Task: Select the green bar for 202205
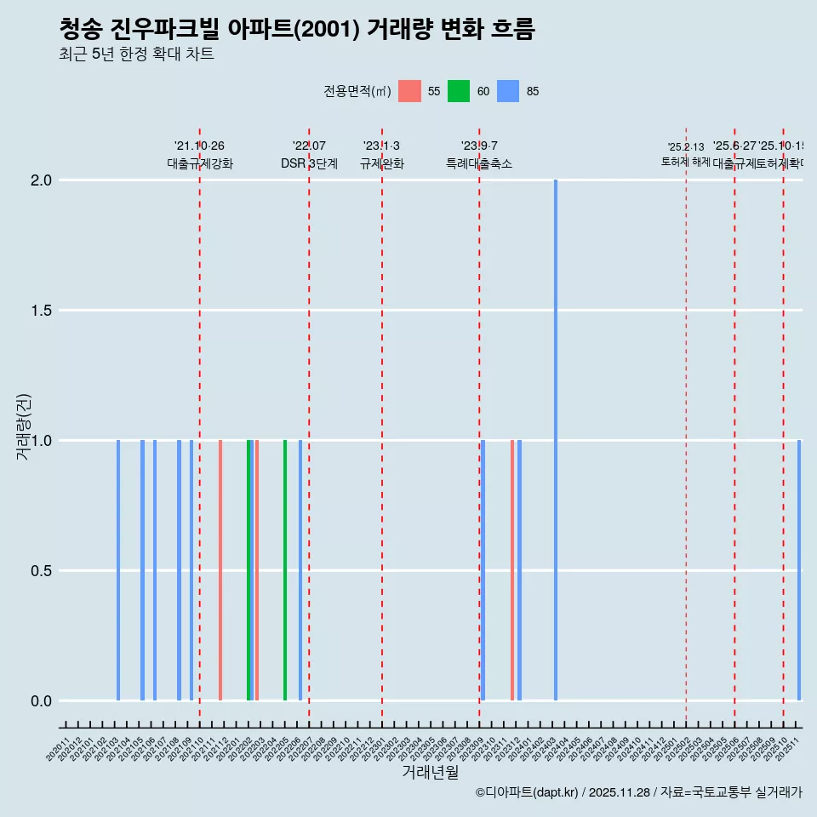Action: click(x=285, y=570)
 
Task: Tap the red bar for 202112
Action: click(x=220, y=570)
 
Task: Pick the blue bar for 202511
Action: click(x=799, y=570)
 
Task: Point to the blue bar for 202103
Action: click(x=118, y=570)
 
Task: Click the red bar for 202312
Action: click(x=512, y=570)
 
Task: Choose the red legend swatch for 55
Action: click(x=410, y=91)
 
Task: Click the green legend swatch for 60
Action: click(x=459, y=91)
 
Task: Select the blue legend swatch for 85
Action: click(x=508, y=91)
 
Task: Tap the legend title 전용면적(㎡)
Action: click(x=357, y=91)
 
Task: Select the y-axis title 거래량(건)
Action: click(x=24, y=427)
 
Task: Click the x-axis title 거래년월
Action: click(x=430, y=772)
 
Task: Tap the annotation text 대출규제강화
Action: click(x=200, y=163)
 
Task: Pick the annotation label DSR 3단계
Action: click(x=309, y=163)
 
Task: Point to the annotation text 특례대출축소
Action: click(x=479, y=163)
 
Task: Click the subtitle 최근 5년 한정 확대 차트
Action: click(x=136, y=54)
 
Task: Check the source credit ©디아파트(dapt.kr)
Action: click(x=527, y=792)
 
